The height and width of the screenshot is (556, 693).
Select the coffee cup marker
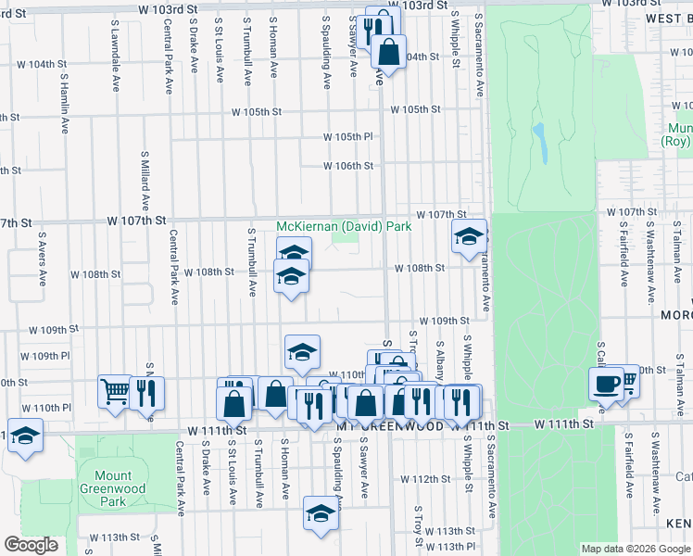606,384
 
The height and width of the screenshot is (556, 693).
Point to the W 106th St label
347,166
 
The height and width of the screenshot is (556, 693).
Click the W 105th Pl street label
347,137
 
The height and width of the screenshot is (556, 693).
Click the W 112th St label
431,479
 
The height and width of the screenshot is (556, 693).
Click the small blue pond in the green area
538,140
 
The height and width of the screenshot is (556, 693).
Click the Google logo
31,545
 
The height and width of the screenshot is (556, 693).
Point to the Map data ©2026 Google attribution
635,549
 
